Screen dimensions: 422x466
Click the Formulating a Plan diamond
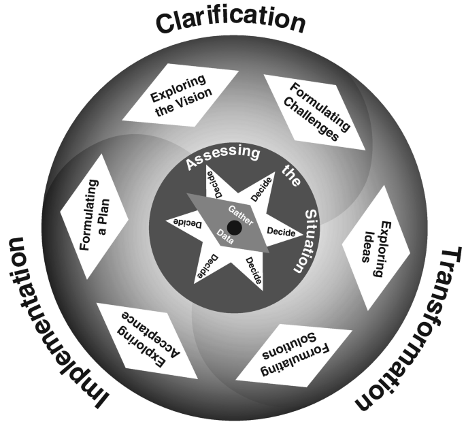tap(93, 211)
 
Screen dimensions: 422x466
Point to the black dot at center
tap(233, 227)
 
